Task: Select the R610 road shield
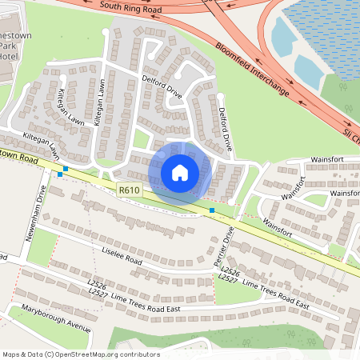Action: coord(128,190)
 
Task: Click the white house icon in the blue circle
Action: coord(180,172)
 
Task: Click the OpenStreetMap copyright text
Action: coord(80,354)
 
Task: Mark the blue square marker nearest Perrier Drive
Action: coord(212,210)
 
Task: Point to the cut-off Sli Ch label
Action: coord(350,133)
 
